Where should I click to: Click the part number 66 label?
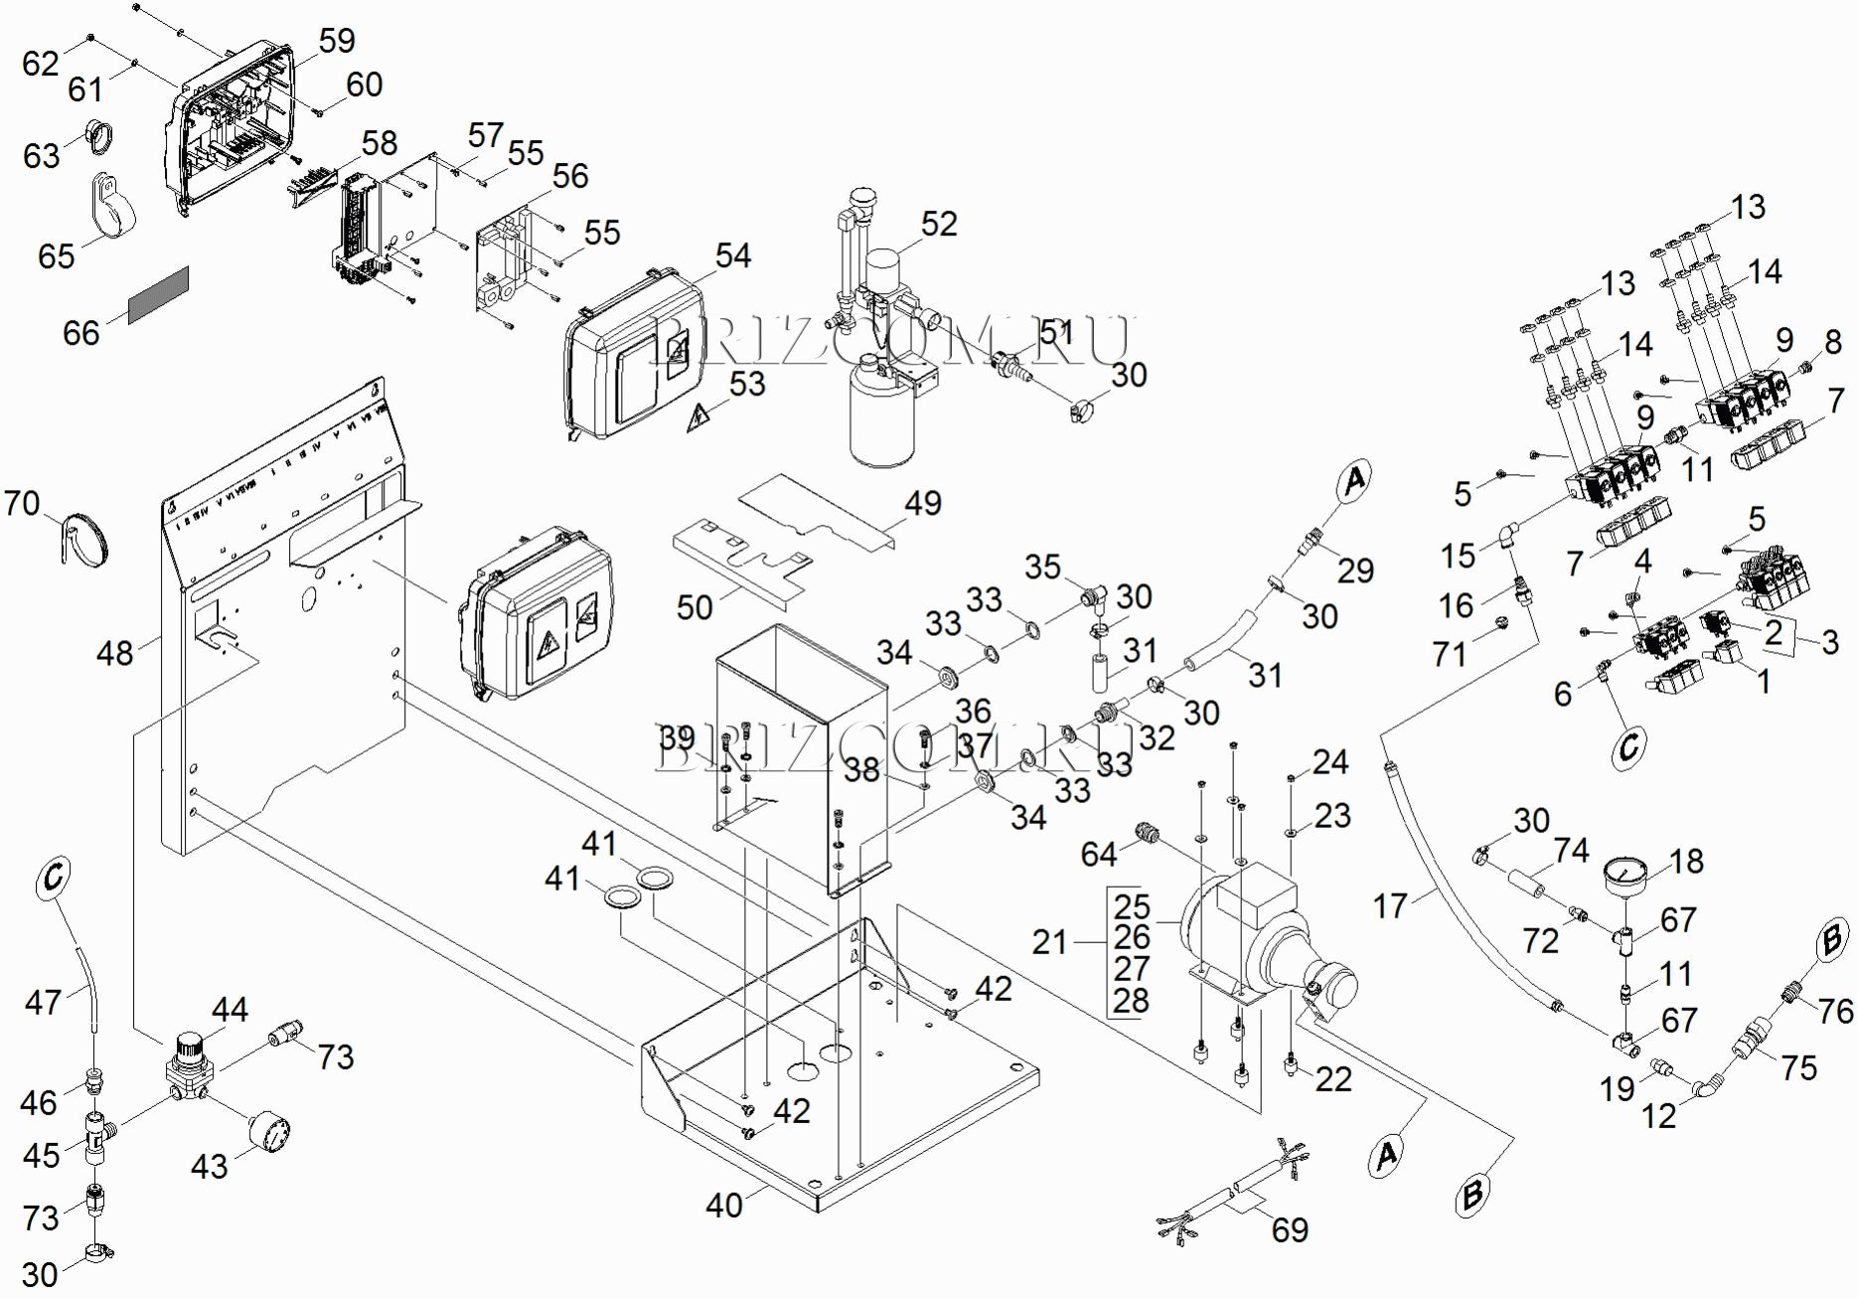(x=80, y=333)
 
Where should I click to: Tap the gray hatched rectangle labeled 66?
(x=158, y=294)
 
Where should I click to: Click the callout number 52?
(x=938, y=225)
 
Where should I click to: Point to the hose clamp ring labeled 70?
(x=86, y=540)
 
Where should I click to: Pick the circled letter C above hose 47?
(x=54, y=878)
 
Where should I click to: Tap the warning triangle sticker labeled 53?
(x=698, y=418)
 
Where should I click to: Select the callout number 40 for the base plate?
(x=723, y=1206)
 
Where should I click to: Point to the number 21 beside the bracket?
(x=1049, y=942)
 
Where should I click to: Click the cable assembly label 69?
(x=1290, y=1230)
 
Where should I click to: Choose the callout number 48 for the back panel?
(x=114, y=653)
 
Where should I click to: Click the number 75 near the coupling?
(x=1798, y=1068)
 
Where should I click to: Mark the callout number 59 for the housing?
(x=337, y=41)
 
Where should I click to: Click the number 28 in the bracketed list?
(x=1131, y=1000)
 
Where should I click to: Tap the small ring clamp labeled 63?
(x=98, y=134)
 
